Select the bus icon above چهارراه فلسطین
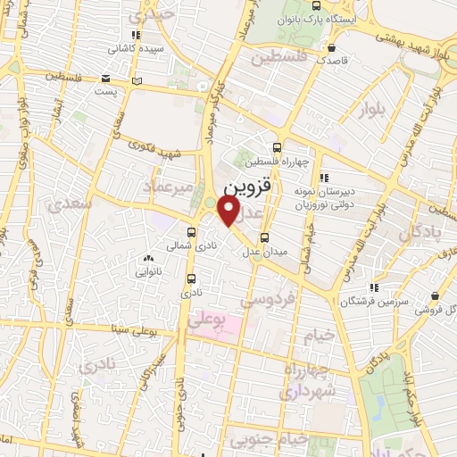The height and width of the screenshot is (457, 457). (277, 147)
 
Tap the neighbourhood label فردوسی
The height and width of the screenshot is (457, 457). (273, 302)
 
